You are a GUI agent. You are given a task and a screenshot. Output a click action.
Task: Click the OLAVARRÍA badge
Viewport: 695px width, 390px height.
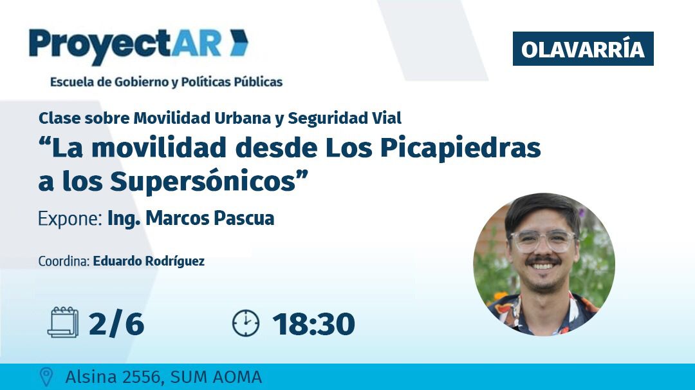coord(582,49)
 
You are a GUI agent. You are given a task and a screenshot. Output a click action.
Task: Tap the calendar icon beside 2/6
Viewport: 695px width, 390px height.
coord(62,322)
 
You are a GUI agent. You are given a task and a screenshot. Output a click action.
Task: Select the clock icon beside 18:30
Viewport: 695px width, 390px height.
coord(245,323)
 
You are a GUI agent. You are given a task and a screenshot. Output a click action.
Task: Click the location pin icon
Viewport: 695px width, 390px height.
coord(46,377)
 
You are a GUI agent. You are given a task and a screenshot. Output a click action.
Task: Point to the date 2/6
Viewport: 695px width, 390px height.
coord(116,323)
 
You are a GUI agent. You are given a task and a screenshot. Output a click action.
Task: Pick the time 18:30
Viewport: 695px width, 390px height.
coord(313,323)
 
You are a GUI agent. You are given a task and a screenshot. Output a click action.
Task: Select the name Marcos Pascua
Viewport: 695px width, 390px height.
coord(210,219)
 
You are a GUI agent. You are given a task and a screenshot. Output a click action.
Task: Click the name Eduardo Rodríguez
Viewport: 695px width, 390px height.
coord(149,261)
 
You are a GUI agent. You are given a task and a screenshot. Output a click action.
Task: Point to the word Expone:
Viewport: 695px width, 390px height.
coord(70,219)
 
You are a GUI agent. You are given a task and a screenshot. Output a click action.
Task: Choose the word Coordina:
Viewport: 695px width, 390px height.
coord(64,261)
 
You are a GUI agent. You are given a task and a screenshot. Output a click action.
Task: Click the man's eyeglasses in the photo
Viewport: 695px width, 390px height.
coord(542,241)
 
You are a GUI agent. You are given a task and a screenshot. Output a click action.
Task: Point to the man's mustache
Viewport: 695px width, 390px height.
coord(543,262)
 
